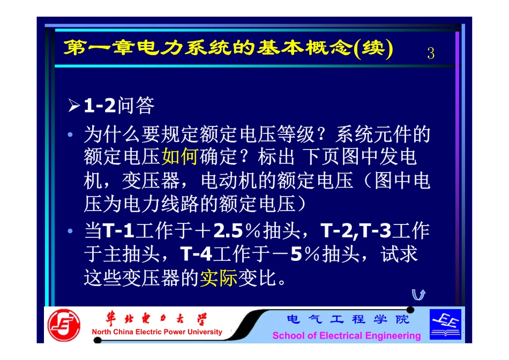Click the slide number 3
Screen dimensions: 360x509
tap(431, 53)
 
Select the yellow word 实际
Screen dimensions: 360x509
tap(219, 278)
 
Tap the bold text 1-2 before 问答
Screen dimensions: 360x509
tap(100, 106)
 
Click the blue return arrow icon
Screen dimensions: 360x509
tap(418, 294)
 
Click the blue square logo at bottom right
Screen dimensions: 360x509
tap(445, 324)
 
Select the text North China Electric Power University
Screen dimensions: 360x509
tap(157, 332)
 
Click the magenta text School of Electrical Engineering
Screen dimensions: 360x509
tap(347, 336)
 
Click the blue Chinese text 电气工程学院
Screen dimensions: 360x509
tap(348, 320)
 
